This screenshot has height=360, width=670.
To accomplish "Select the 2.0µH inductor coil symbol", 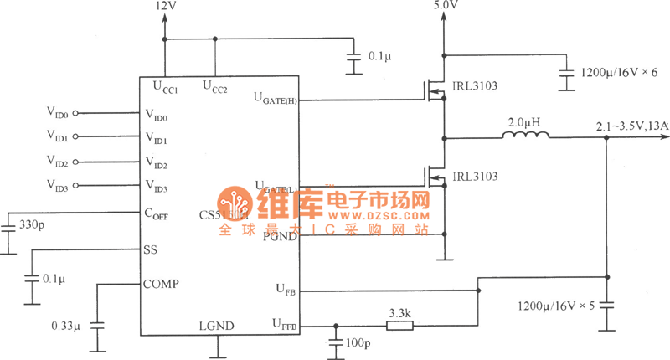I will (x=525, y=136).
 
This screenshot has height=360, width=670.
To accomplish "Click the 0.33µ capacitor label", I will (x=65, y=324).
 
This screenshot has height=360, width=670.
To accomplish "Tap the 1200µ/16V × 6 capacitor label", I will (x=621, y=74).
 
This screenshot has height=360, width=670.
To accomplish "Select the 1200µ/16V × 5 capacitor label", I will (x=556, y=306).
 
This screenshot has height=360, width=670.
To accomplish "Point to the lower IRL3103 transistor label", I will (x=474, y=177).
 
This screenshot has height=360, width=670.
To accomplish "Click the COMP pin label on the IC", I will (x=161, y=284).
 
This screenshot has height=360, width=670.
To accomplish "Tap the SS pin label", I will (x=150, y=249).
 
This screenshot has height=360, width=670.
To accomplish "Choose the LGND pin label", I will (x=216, y=326).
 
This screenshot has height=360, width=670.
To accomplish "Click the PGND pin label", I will (x=279, y=237).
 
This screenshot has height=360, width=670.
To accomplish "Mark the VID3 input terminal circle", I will (x=75, y=185).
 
